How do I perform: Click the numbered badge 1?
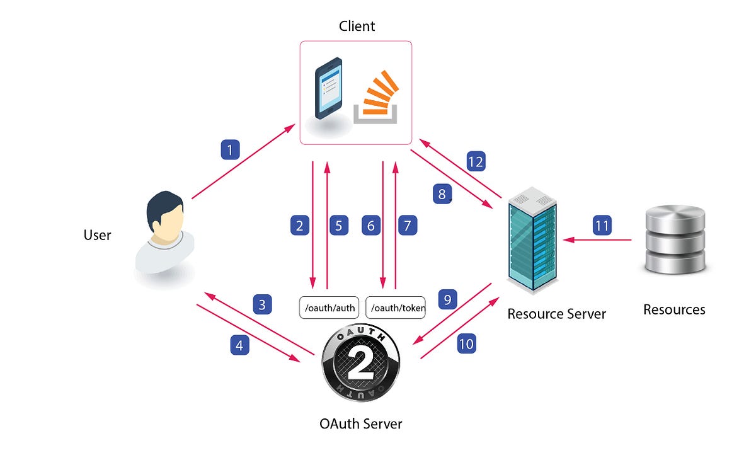(231, 150)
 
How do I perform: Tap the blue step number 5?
(338, 225)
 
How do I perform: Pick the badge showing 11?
(602, 225)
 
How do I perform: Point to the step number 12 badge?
(476, 161)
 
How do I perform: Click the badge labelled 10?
(466, 343)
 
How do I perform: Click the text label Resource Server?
(556, 314)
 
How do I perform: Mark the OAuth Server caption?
(360, 423)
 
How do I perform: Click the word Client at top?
(357, 26)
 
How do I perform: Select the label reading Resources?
(674, 309)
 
